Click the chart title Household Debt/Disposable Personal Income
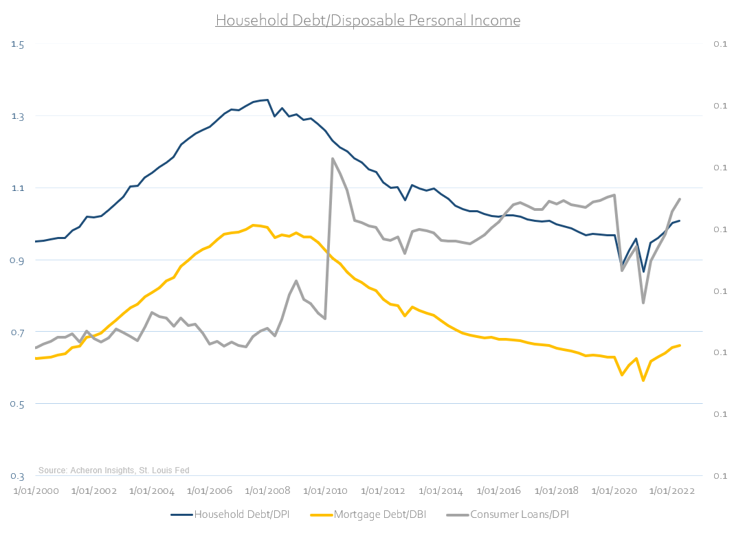tap(368, 21)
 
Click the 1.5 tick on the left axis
tap(18, 44)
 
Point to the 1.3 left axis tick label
tap(18, 116)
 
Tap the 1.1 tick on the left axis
tap(18, 188)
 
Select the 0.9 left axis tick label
tap(18, 260)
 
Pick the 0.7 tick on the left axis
tap(18, 332)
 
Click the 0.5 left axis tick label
tap(18, 404)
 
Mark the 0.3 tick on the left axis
tap(18, 476)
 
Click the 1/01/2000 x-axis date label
tap(36, 491)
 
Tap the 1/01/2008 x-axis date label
tap(267, 491)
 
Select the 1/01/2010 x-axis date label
tap(324, 491)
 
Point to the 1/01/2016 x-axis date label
tap(498, 491)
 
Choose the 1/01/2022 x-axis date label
tap(671, 491)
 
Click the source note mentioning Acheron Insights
tap(113, 470)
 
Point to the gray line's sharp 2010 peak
tap(333, 159)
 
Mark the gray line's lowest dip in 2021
tap(643, 303)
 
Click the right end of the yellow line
tap(680, 345)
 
